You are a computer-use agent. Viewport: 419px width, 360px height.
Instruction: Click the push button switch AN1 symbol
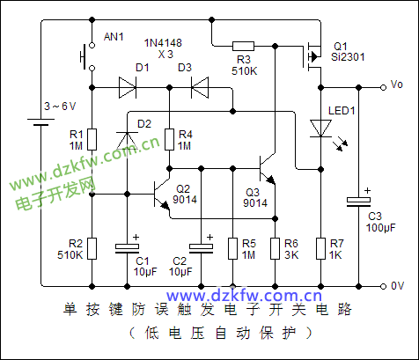coord(87,57)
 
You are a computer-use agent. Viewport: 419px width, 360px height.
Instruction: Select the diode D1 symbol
coord(128,87)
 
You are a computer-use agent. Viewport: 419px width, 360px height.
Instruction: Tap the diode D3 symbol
coord(200,87)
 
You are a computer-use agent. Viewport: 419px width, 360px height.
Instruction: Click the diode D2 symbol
coord(127,141)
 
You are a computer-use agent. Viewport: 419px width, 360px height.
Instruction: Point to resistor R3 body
coord(243,46)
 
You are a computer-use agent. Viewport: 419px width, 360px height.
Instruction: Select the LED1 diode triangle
coord(321,129)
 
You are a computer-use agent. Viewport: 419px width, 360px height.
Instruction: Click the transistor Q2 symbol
coord(162,195)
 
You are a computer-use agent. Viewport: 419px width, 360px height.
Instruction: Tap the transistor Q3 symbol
coord(267,169)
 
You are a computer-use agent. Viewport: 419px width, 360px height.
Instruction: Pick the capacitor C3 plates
coord(358,202)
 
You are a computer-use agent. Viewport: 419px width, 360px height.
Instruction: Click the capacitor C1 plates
coord(127,248)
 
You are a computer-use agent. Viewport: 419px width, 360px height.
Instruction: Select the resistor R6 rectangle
coord(275,248)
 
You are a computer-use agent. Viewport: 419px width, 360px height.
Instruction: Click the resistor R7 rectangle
coord(320,248)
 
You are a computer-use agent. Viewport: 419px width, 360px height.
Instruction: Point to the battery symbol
coord(40,122)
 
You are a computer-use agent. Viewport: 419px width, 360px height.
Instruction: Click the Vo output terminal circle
coord(383,87)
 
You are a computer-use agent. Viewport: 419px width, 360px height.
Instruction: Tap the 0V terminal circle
coord(383,286)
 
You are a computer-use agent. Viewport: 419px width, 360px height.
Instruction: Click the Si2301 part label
coord(348,57)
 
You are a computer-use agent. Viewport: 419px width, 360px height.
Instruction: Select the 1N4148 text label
coord(163,43)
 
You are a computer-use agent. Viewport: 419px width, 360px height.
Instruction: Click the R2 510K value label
coord(70,254)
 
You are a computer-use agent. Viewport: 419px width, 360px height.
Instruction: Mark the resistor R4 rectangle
coord(169,139)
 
